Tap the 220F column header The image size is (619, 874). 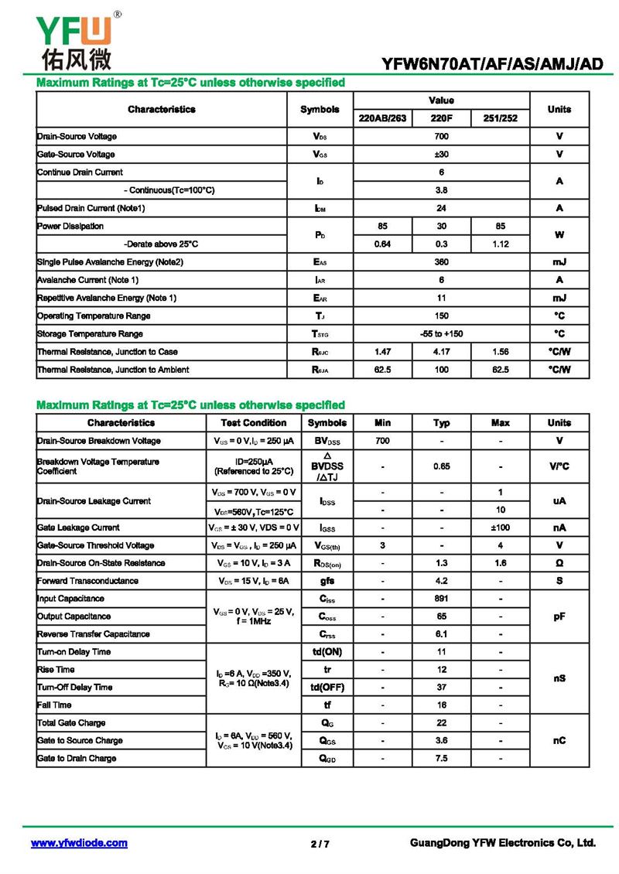[441, 118]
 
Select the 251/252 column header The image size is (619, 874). [500, 118]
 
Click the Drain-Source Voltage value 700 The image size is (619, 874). [441, 136]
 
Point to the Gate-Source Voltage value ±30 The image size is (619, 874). [441, 154]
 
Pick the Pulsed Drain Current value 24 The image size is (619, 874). [441, 208]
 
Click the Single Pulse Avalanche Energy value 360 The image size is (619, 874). [441, 262]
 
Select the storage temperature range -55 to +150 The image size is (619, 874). [441, 333]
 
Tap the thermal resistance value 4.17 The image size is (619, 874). [441, 352]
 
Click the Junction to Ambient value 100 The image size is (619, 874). [441, 370]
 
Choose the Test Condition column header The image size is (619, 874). [254, 423]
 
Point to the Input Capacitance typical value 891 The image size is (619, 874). [441, 599]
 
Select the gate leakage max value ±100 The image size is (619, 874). [500, 527]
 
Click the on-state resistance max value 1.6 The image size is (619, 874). [500, 563]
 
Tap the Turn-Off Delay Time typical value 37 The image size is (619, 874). [441, 687]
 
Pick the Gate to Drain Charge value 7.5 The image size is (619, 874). [441, 758]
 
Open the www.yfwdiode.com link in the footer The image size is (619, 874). [79, 843]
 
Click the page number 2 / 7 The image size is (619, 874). [320, 844]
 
